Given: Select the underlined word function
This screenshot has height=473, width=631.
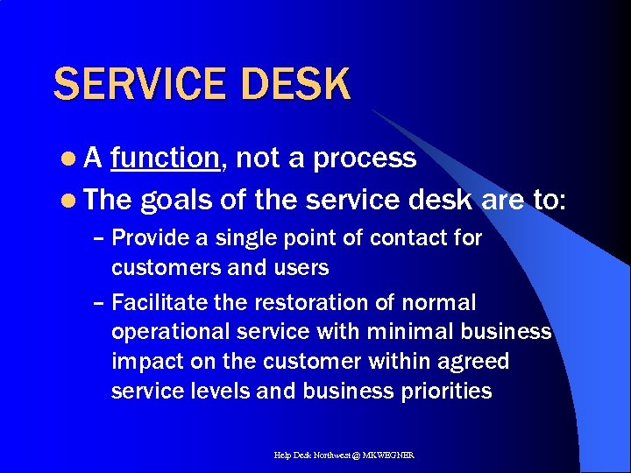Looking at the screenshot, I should pos(165,158).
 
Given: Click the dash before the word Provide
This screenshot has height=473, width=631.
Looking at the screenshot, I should pos(99,238).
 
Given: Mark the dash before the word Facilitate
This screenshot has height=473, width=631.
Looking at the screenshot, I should pos(99,303).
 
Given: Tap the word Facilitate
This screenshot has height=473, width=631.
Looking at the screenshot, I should pos(155,303).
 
